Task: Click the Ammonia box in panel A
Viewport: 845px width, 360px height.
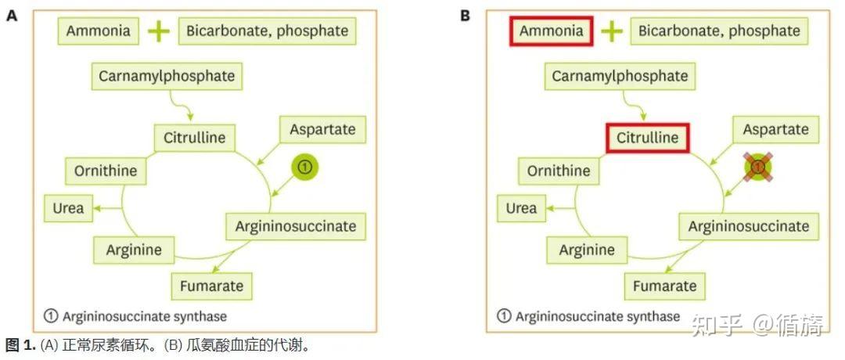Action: click(98, 31)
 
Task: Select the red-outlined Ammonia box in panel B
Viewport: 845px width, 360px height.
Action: click(552, 31)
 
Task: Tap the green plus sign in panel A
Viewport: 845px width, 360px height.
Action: click(158, 32)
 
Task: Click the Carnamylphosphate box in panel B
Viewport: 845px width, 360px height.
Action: click(620, 77)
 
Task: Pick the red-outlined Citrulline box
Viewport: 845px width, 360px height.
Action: click(647, 138)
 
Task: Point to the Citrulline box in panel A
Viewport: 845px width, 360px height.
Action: click(195, 138)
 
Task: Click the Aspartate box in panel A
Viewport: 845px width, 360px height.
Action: click(323, 129)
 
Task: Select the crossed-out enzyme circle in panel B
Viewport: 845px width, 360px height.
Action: click(757, 167)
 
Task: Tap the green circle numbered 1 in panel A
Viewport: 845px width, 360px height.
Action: click(305, 167)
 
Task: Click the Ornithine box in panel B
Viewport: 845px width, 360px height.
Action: click(559, 171)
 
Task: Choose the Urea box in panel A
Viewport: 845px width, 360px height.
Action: click(68, 208)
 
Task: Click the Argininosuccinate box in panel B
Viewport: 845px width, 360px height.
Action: click(749, 226)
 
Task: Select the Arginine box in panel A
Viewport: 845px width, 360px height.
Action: click(134, 250)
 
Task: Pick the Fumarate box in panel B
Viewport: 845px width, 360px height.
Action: click(664, 286)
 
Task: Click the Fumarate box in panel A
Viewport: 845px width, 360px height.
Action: click(212, 286)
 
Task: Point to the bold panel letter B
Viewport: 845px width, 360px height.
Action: click(465, 16)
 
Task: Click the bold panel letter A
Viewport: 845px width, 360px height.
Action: click(12, 16)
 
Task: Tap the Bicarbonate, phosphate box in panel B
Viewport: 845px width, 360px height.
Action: click(720, 31)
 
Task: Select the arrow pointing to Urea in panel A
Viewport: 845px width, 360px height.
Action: click(106, 208)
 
